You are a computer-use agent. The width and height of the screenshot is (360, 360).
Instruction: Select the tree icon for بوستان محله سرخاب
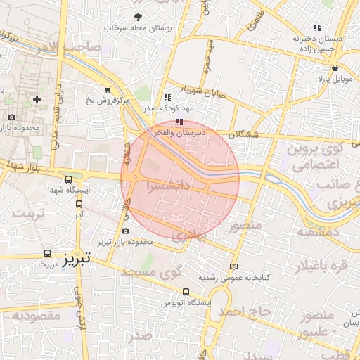click(138, 17)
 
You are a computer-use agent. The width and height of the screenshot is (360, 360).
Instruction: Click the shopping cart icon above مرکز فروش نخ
click(107, 90)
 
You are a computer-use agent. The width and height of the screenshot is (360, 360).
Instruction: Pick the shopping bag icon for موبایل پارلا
click(335, 68)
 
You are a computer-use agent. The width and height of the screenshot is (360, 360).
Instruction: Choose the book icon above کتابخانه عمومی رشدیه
click(234, 266)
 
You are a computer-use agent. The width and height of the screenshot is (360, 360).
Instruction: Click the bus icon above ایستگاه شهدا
click(68, 180)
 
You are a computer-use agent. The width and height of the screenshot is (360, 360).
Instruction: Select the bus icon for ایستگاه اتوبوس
click(186, 292)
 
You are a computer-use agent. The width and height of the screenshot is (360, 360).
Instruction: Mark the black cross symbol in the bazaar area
click(37, 100)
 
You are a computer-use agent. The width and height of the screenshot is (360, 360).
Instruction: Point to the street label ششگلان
click(243, 134)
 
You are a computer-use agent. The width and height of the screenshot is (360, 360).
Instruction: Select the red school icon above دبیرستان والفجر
click(167, 122)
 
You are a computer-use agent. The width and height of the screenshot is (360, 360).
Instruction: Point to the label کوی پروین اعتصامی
click(317, 157)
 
